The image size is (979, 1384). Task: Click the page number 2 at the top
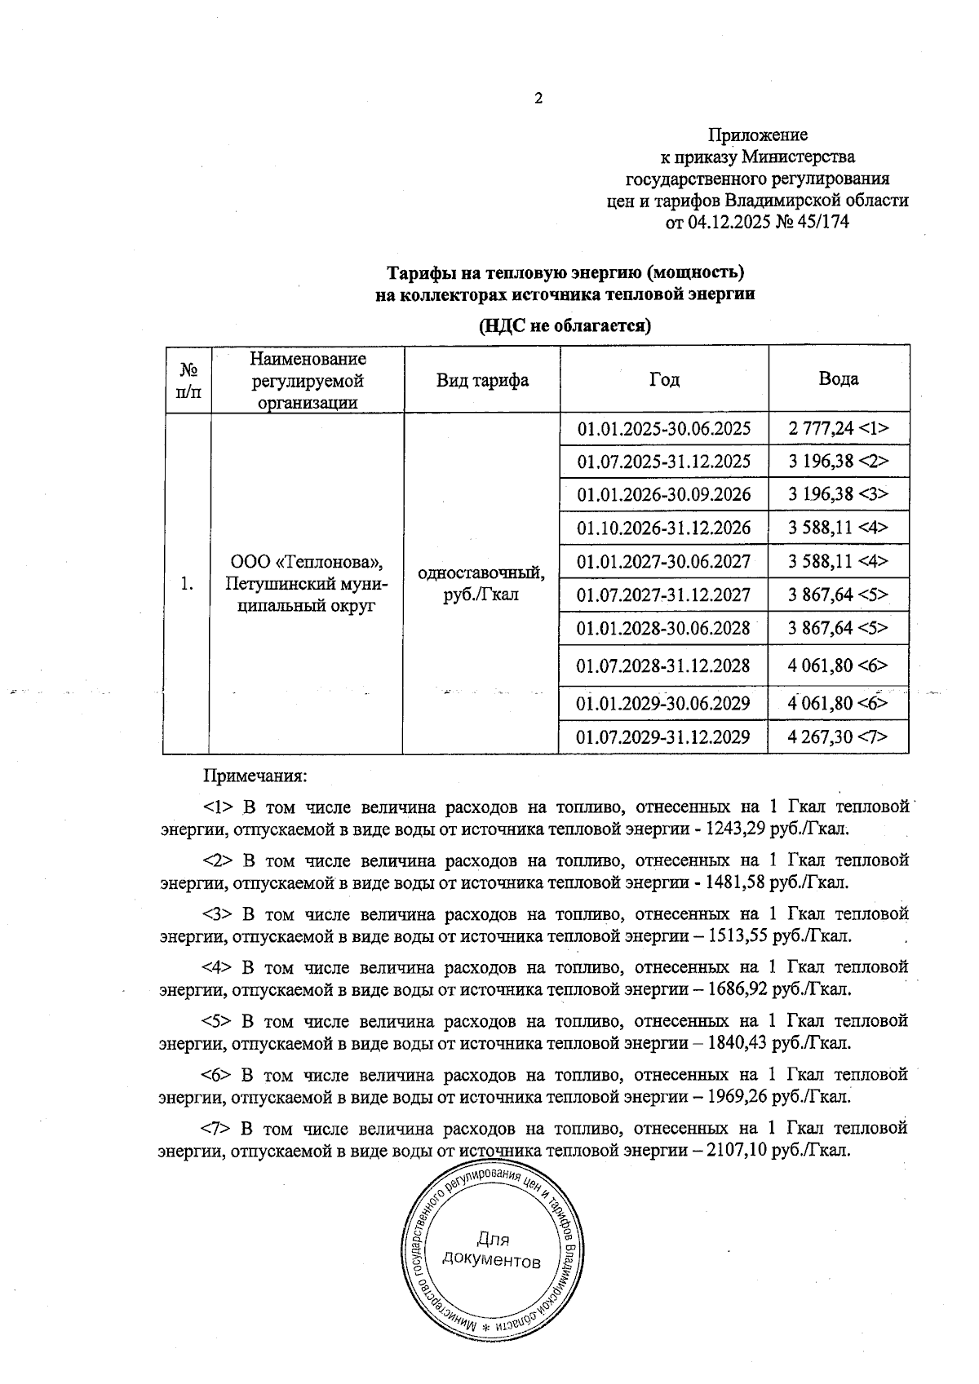[538, 99]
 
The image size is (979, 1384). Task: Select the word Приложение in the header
[757, 135]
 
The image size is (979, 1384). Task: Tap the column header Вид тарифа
[482, 380]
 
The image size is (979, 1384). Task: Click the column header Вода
[838, 379]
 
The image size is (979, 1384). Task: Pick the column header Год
[664, 379]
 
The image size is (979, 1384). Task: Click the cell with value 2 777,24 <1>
[838, 428]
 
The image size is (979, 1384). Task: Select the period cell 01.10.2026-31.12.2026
[663, 528]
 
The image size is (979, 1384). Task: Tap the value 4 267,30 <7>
[838, 737]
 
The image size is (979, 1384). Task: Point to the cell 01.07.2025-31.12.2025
[663, 462]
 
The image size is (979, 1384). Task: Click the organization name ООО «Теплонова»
[308, 563]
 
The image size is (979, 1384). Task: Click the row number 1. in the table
[188, 584]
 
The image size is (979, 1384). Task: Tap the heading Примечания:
[255, 775]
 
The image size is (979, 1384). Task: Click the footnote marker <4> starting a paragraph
[217, 968]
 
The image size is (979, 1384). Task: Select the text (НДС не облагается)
[564, 327]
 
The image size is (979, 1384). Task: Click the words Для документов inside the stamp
[491, 1251]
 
